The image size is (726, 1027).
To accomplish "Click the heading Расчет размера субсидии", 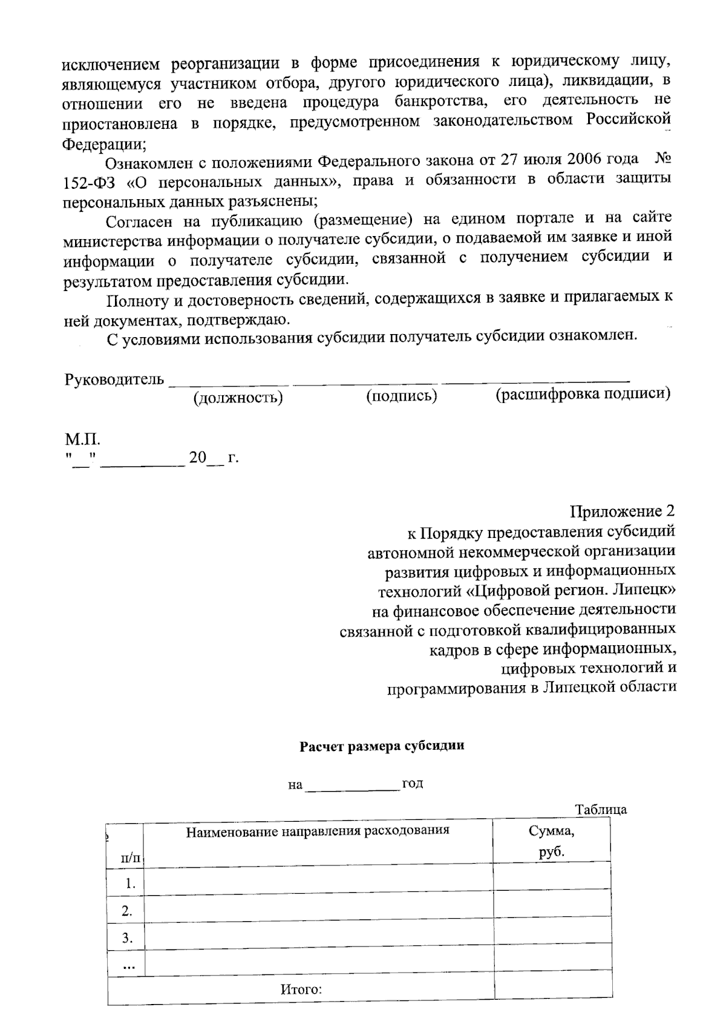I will [x=382, y=746].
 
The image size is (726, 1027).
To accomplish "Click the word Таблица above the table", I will [x=601, y=810].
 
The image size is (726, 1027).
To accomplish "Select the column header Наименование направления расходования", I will [x=318, y=830].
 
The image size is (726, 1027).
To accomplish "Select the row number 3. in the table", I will [x=127, y=939].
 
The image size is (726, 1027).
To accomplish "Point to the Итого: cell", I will [x=301, y=990].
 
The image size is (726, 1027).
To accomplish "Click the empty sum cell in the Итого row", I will [x=552, y=990].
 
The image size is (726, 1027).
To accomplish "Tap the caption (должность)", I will [x=238, y=398].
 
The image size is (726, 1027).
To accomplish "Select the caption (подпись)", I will [x=402, y=396].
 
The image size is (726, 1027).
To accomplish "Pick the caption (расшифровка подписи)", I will [x=583, y=395].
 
